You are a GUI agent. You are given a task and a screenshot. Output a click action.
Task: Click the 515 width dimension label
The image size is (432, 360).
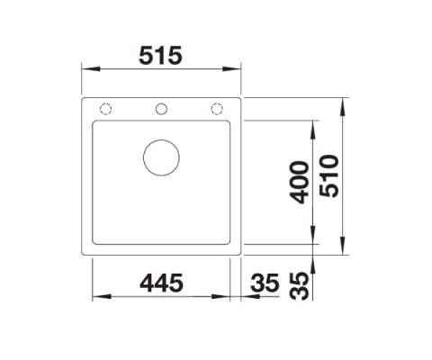click(x=162, y=56)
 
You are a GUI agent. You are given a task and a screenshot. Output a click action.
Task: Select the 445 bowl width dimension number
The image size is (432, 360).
click(x=162, y=283)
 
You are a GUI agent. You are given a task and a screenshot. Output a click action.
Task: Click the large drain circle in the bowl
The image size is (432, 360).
click(x=162, y=157)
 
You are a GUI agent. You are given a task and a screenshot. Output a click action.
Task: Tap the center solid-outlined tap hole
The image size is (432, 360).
click(x=162, y=109)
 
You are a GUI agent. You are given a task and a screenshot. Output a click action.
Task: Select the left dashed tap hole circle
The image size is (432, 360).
click(x=107, y=109)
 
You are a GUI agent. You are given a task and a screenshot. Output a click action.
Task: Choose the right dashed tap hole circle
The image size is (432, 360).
click(x=217, y=109)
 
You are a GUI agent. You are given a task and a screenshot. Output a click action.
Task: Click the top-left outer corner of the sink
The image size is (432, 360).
click(x=84, y=94)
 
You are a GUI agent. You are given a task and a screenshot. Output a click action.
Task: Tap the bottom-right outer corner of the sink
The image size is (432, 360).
click(x=240, y=261)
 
